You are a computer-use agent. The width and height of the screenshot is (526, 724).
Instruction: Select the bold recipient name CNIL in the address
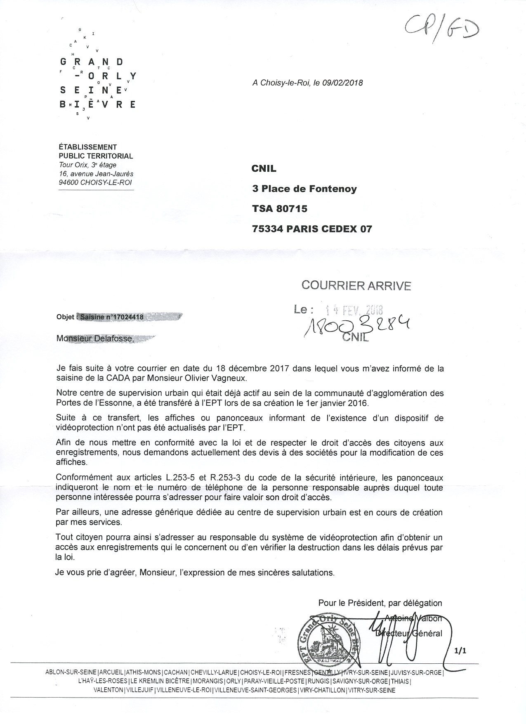[264, 168]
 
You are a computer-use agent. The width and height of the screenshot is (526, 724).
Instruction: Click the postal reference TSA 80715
[280, 208]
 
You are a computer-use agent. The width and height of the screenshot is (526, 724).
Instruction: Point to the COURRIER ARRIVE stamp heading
[356, 285]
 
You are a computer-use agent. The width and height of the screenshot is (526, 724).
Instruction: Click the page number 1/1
[460, 651]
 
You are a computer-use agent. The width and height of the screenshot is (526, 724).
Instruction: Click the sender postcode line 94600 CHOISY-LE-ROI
[95, 182]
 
